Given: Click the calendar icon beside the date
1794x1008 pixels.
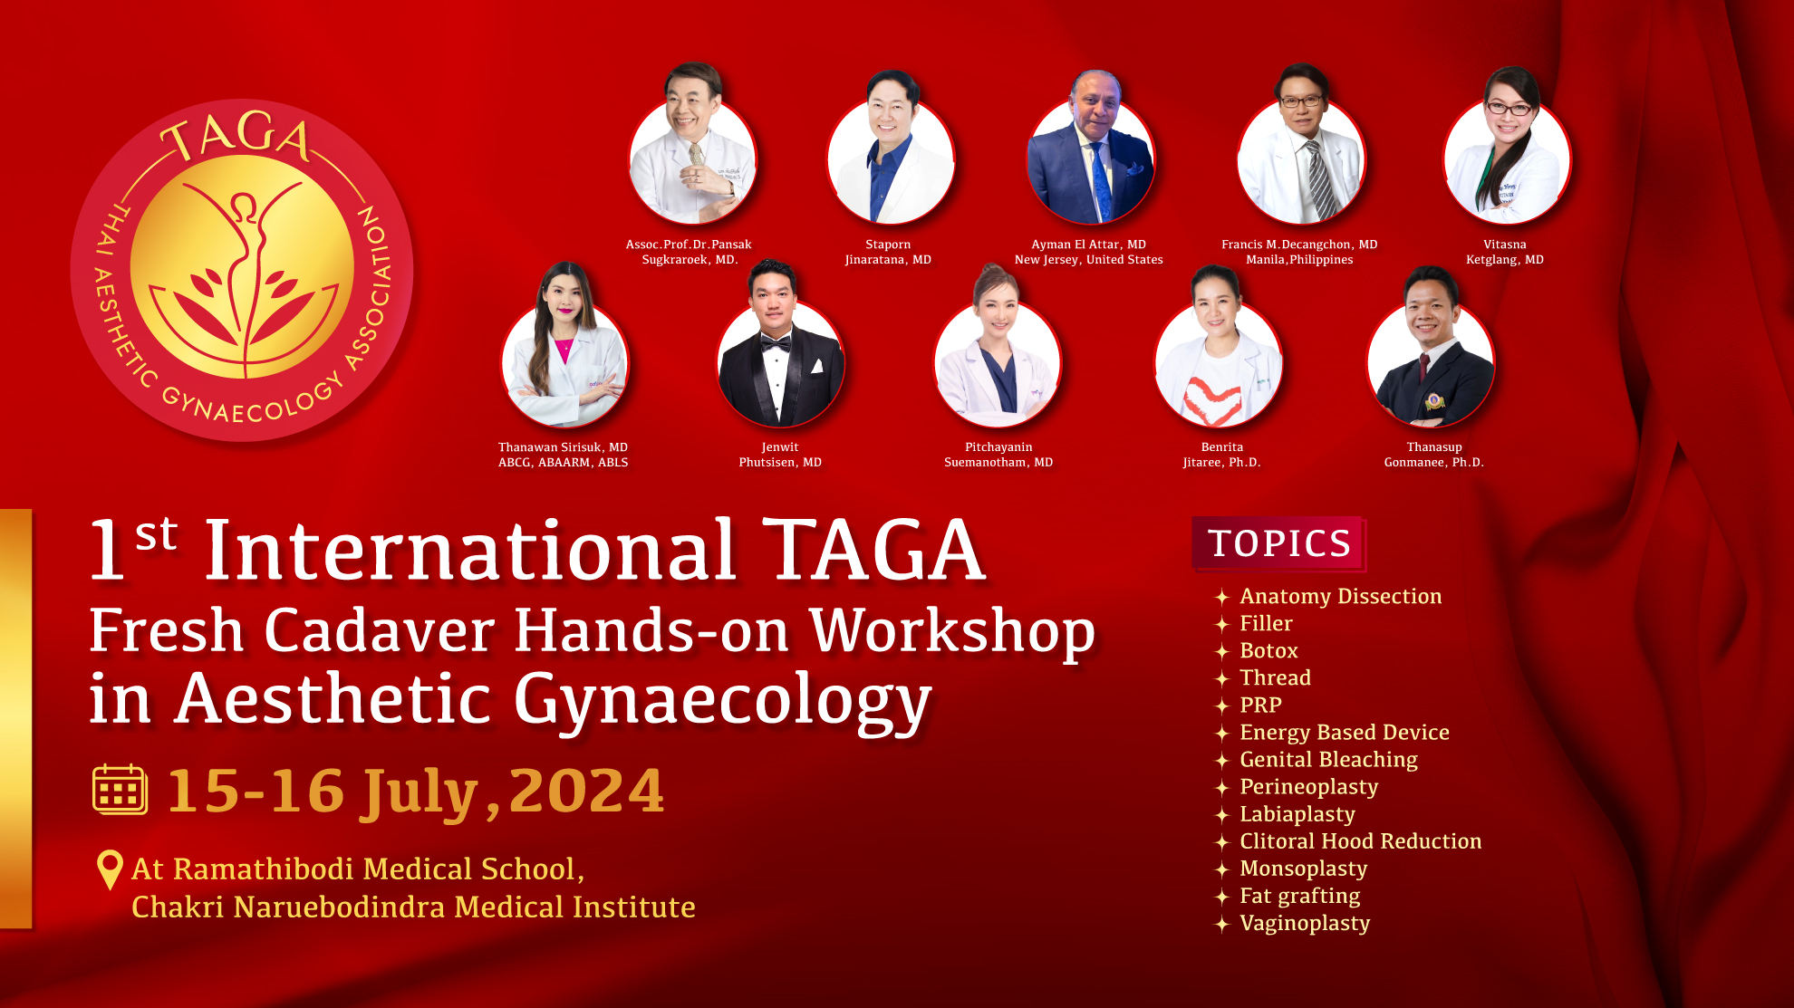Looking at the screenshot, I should click(120, 790).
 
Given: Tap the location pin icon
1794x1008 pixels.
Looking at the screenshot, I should click(110, 868).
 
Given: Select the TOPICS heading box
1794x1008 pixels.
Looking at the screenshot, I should click(1278, 543).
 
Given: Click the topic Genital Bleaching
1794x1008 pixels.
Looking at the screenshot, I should click(1328, 760).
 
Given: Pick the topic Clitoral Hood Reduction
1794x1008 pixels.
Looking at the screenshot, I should click(1360, 841).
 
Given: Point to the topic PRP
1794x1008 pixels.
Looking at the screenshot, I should click(1260, 706).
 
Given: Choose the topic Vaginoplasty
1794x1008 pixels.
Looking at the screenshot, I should click(1305, 923).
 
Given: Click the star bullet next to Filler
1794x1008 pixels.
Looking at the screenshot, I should click(1221, 624).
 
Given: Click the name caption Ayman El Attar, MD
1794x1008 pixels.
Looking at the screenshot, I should click(1088, 245).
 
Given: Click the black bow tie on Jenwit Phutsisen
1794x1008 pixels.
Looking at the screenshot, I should click(776, 344).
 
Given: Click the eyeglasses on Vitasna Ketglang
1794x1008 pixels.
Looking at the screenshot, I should click(1509, 110).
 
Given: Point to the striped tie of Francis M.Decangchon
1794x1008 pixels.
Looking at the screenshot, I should click(1319, 181).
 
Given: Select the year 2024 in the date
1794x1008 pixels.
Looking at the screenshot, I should click(587, 792).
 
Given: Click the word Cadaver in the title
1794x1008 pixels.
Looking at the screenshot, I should click(380, 630).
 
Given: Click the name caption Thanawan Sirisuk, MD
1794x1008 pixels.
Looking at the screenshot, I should click(563, 447).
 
